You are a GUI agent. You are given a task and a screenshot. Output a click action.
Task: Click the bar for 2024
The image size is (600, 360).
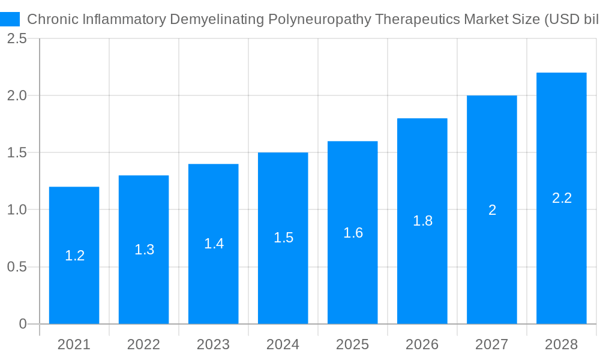[x=283, y=276]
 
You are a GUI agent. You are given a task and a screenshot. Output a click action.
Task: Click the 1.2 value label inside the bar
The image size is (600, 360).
[x=74, y=256]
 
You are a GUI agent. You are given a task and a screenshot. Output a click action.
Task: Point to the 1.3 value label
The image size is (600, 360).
[x=144, y=250]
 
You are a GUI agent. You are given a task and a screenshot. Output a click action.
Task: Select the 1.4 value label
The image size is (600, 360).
[x=214, y=244]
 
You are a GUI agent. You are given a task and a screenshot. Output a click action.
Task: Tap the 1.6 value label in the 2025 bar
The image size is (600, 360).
[x=353, y=233]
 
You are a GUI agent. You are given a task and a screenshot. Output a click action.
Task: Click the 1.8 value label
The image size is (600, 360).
[x=422, y=221]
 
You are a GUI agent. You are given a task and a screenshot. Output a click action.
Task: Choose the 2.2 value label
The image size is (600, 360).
[x=562, y=198]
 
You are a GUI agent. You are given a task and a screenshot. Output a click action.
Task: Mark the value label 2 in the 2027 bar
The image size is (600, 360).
[x=492, y=210]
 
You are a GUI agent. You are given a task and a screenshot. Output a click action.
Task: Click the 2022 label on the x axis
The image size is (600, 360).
[x=144, y=344]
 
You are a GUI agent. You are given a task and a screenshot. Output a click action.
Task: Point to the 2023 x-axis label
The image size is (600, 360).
[x=214, y=344]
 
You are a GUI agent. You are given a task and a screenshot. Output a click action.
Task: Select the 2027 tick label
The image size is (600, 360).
[x=492, y=344]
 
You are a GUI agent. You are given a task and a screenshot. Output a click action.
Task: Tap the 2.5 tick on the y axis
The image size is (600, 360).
[x=17, y=38]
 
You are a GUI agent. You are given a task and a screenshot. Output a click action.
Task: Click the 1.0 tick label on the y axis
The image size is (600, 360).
[x=17, y=209]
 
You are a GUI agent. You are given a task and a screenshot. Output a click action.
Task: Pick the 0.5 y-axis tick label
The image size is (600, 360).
[x=17, y=266]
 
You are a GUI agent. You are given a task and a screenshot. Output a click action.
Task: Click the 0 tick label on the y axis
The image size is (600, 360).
[x=23, y=324]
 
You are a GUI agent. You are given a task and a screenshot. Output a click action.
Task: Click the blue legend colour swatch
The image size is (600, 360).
[x=10, y=19]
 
